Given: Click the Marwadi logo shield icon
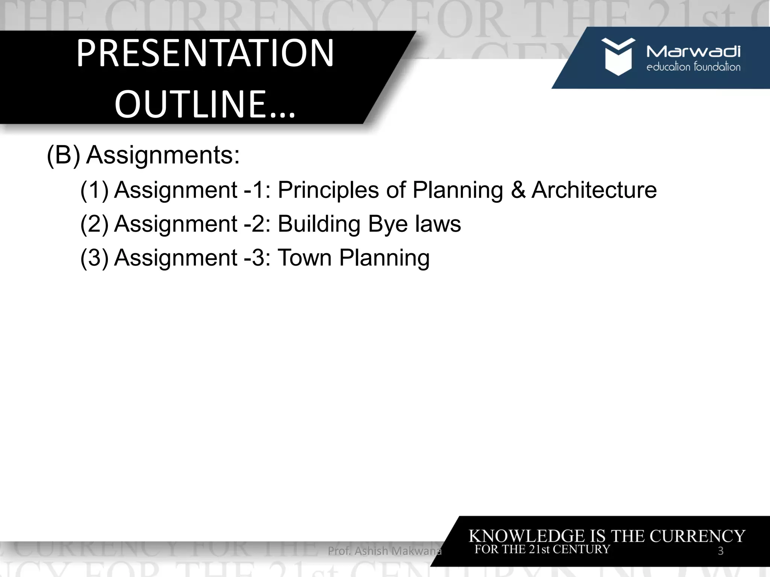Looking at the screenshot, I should tap(618, 56).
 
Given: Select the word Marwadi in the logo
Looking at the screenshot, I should tap(693, 51).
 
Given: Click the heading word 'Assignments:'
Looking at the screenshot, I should tap(163, 155).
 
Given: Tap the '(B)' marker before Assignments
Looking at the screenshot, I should tap(63, 155).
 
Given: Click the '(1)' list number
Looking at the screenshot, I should tap(94, 190).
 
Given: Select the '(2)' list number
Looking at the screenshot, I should tap(94, 224).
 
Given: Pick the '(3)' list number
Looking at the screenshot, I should tap(94, 258).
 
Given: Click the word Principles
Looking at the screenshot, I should tap(328, 190).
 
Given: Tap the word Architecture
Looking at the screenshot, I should tap(594, 190).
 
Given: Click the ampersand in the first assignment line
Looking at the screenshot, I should tap(518, 190).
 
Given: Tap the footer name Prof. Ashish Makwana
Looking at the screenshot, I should tap(385, 551).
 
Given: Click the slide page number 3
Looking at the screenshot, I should tap(720, 551).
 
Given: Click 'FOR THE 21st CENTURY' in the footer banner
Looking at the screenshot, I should tap(542, 549).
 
